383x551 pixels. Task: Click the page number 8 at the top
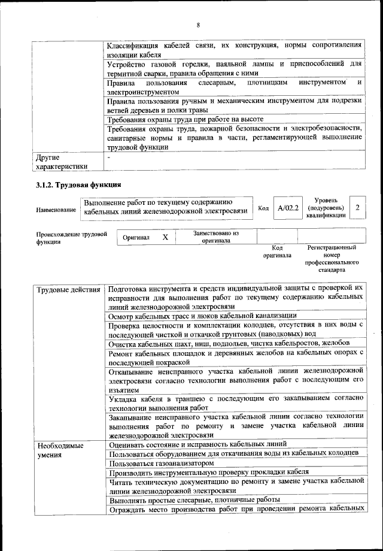tap(197, 25)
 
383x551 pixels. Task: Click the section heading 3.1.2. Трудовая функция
tap(78, 184)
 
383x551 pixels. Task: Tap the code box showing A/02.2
tap(288, 208)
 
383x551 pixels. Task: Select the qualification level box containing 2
tap(357, 207)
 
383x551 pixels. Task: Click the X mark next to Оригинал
tap(165, 237)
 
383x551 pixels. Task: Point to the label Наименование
tap(56, 210)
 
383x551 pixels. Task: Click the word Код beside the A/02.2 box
tap(263, 208)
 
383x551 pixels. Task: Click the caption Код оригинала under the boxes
tap(277, 252)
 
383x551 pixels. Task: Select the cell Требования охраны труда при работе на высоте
tap(186, 119)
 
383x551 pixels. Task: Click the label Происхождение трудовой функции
tap(71, 237)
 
